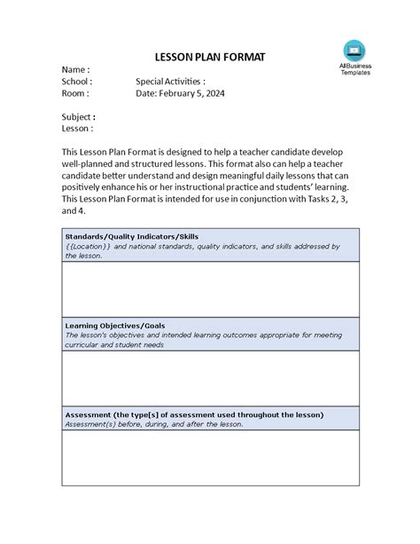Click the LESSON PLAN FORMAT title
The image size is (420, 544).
(x=210, y=57)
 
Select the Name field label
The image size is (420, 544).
(x=74, y=69)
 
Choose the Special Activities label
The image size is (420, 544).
(x=170, y=82)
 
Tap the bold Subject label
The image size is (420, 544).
(x=78, y=116)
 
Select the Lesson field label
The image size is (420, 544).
(x=77, y=129)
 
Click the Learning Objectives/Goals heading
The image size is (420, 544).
(x=115, y=326)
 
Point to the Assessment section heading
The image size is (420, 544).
(x=194, y=414)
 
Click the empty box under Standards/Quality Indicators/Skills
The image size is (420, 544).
(x=210, y=289)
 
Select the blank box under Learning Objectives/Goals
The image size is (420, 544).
(x=210, y=379)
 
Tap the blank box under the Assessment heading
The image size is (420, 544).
(x=210, y=458)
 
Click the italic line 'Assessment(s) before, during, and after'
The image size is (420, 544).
(x=153, y=424)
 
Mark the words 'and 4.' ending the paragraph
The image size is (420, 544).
(x=74, y=212)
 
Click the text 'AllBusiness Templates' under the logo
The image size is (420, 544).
(x=355, y=69)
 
